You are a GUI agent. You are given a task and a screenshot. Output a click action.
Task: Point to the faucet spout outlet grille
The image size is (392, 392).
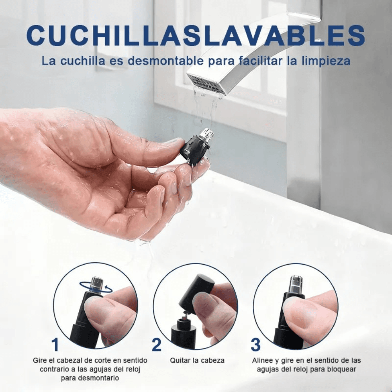(x=206, y=83)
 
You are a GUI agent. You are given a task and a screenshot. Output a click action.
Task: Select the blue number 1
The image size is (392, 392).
(x=55, y=345)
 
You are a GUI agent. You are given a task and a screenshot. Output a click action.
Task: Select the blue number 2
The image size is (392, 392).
(x=156, y=345)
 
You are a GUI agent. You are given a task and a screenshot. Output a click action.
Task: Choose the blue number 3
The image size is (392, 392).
(x=256, y=345)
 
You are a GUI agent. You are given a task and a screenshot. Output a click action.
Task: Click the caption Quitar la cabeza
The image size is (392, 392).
(x=197, y=360)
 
